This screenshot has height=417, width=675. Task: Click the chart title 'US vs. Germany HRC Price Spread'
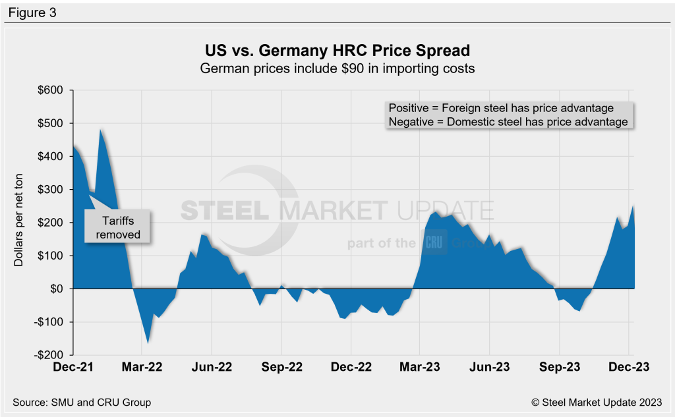pyautogui.click(x=337, y=51)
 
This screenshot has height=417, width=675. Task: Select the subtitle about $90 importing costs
pyautogui.click(x=337, y=69)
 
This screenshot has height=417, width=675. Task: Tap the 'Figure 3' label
pyautogui.click(x=32, y=12)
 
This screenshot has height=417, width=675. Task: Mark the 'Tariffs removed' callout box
pyautogui.click(x=117, y=227)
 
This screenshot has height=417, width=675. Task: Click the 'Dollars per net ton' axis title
pyautogui.click(x=19, y=222)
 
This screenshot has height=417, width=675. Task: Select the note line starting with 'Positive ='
pyautogui.click(x=501, y=108)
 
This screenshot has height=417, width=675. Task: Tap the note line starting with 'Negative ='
pyautogui.click(x=508, y=122)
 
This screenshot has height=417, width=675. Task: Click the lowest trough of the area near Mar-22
pyautogui.click(x=148, y=343)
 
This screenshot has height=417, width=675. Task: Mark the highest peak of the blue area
pyautogui.click(x=101, y=130)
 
